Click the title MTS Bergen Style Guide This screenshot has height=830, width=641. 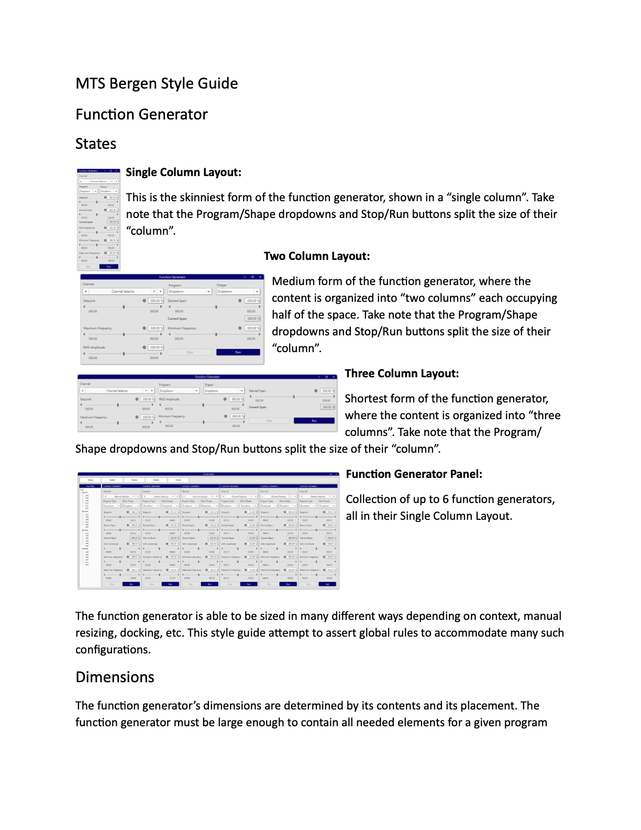tap(157, 84)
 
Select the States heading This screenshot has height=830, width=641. tap(96, 144)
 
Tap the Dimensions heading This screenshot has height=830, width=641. tap(115, 678)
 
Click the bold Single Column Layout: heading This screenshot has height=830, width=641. tap(183, 172)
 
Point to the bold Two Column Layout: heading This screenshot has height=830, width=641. tap(316, 256)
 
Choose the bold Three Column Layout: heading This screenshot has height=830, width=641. tap(402, 374)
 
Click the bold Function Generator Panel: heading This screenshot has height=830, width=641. tap(414, 474)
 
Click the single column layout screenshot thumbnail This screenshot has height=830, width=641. tap(98, 219)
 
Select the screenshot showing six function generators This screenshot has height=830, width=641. tap(208, 530)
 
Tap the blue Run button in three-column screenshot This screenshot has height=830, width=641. tap(314, 421)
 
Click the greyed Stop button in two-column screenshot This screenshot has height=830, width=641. tap(190, 353)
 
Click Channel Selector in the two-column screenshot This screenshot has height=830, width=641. tap(123, 292)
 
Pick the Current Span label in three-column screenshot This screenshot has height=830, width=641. tap(258, 407)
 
